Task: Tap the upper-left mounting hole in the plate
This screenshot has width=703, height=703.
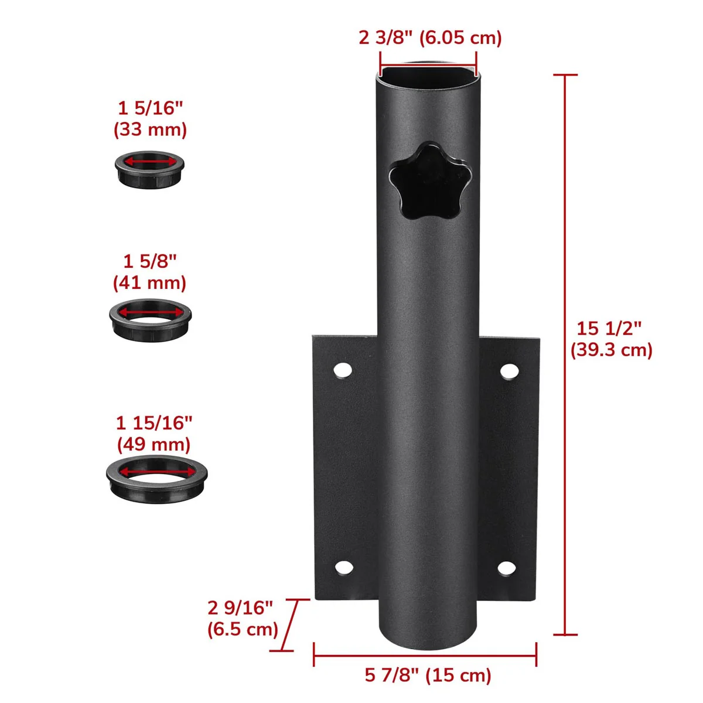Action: pyautogui.click(x=343, y=370)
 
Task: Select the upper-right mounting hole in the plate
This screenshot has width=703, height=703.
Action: pyautogui.click(x=510, y=371)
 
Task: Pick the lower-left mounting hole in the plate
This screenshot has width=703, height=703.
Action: pyautogui.click(x=344, y=567)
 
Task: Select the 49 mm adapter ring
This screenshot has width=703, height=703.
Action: pyautogui.click(x=158, y=477)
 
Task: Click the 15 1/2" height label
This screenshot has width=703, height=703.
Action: pyautogui.click(x=609, y=328)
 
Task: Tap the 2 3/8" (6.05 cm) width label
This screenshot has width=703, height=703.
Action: pyautogui.click(x=430, y=38)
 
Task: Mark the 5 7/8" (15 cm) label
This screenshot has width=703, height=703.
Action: pyautogui.click(x=428, y=675)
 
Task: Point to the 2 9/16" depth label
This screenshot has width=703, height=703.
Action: pyautogui.click(x=240, y=608)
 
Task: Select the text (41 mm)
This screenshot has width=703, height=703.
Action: pyautogui.click(x=149, y=283)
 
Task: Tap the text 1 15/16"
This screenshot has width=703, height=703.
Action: pyautogui.click(x=154, y=422)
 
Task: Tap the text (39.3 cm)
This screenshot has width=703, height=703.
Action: pyautogui.click(x=611, y=350)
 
